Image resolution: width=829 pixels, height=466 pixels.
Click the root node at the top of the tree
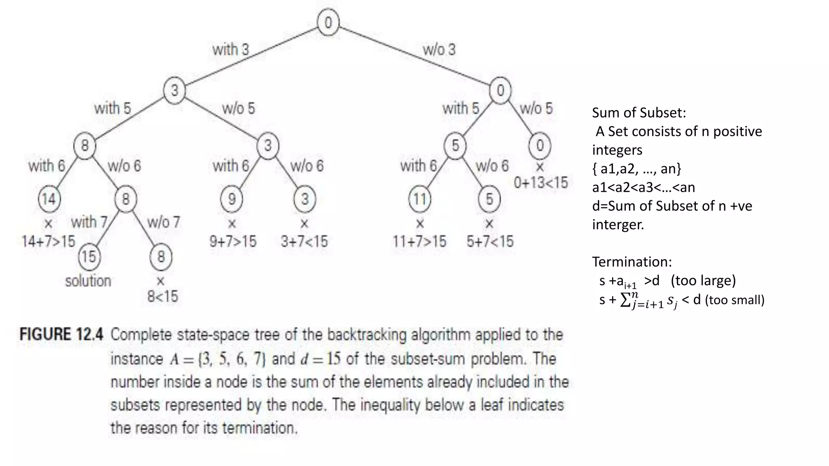[328, 22]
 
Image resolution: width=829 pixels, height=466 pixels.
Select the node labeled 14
[49, 199]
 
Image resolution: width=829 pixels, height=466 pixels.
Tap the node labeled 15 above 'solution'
[89, 256]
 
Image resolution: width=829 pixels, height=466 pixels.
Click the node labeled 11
[420, 199]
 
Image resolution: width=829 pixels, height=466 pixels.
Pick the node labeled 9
[232, 199]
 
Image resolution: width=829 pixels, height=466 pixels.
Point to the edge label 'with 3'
[231, 50]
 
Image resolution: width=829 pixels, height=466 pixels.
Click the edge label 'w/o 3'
[439, 50]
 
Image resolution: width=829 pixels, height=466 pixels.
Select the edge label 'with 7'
[89, 222]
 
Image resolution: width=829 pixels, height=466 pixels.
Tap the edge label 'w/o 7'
[164, 222]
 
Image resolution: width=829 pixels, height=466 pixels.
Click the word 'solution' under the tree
[88, 281]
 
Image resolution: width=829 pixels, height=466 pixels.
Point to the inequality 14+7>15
[49, 241]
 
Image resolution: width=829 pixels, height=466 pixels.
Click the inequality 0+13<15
[541, 183]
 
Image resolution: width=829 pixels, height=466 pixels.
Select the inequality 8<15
[162, 297]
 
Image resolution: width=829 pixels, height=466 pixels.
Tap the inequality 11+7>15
[419, 241]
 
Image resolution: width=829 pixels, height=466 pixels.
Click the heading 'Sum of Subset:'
[639, 112]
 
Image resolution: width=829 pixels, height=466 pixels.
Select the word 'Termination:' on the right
[632, 262]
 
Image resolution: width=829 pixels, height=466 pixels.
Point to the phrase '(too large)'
[703, 280]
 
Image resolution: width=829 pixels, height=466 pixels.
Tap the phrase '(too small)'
[735, 300]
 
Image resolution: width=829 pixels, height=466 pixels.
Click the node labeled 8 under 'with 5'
[85, 146]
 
